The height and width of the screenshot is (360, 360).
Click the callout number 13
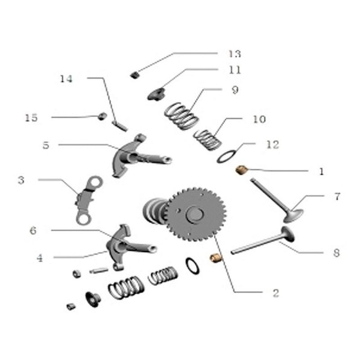tap(234, 54)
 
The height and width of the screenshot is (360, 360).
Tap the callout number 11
tap(235, 70)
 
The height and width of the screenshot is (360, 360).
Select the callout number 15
tap(31, 118)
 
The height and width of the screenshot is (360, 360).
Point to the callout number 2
tap(276, 293)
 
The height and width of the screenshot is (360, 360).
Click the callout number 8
tap(336, 253)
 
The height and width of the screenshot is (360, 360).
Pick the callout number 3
tap(21, 180)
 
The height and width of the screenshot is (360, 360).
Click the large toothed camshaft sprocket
tap(196, 214)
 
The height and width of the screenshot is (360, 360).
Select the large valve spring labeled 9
tap(181, 116)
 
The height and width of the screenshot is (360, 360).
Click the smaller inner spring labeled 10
tap(207, 140)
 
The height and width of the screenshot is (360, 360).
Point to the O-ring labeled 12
tap(227, 157)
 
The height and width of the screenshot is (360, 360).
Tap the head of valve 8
tap(288, 234)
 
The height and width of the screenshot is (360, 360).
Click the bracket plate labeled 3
tap(88, 200)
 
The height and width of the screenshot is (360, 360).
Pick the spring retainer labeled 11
tap(157, 94)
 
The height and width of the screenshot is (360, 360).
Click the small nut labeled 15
tap(102, 116)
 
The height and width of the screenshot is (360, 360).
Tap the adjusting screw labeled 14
tap(120, 126)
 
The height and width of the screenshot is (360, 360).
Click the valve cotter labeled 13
tap(135, 75)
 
